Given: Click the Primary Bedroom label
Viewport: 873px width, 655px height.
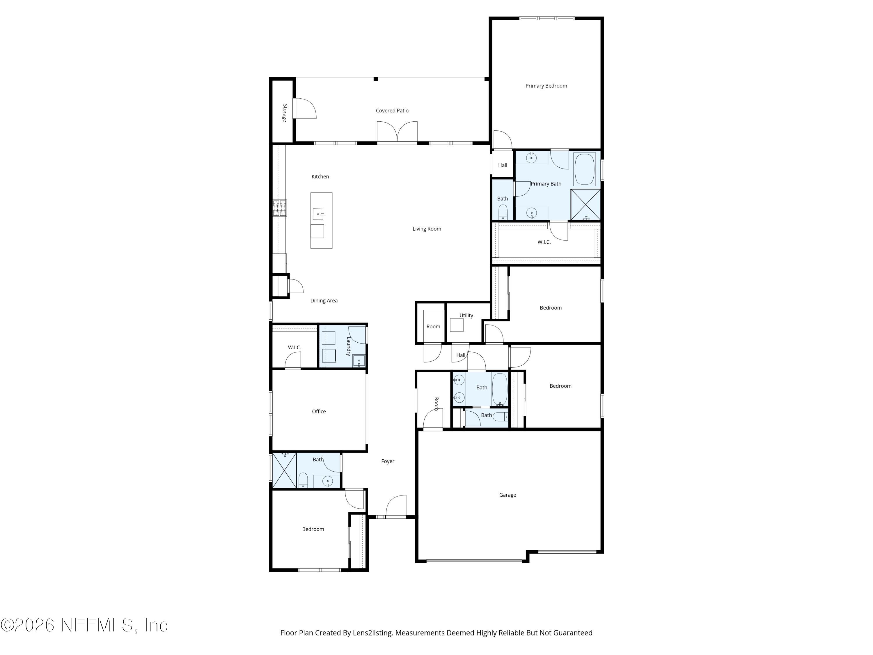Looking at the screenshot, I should (x=546, y=86).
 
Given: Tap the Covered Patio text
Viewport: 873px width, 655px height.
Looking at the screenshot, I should (x=392, y=111).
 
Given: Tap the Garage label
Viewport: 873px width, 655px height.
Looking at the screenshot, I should (x=507, y=495).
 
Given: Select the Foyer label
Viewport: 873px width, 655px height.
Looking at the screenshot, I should (x=388, y=461).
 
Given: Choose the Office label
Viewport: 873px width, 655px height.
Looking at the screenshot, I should (x=319, y=411).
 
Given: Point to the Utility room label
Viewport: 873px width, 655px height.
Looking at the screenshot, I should (x=466, y=316).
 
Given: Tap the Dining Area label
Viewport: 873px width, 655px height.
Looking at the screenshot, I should (x=324, y=300).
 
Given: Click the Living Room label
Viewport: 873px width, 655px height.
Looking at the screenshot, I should (x=427, y=229).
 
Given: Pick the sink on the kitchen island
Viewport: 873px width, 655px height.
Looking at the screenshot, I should (x=318, y=214).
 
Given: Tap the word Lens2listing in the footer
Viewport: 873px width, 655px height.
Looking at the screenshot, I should (x=372, y=633).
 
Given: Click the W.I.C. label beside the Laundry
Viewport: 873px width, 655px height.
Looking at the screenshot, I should (x=294, y=347).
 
